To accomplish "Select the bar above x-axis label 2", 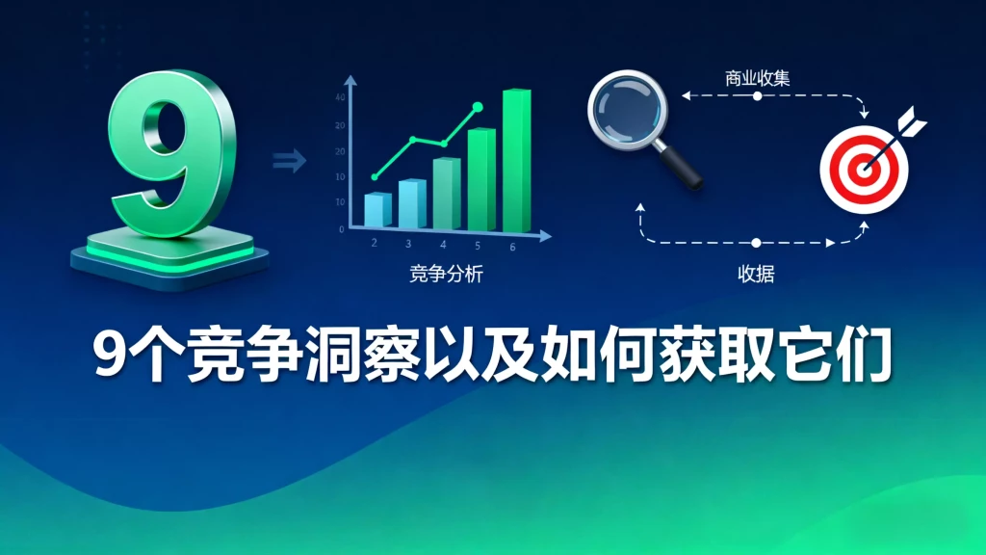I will coord(377,209).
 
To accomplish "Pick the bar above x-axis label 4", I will coord(446,194).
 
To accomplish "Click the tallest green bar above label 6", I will coord(516,160).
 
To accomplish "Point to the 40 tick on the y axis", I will coord(339,98).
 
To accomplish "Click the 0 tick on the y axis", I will coord(341,229).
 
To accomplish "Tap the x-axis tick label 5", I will coord(478,245).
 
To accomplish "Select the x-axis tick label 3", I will coord(408,245).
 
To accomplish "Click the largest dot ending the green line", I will coord(477,107).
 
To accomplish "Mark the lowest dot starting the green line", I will coord(375,177).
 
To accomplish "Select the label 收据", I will coord(756,275).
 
